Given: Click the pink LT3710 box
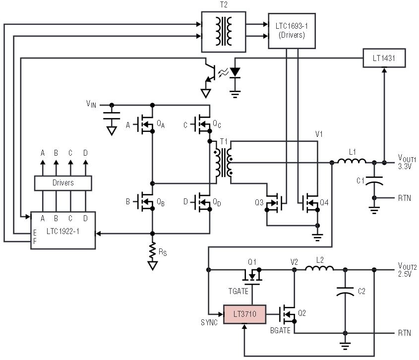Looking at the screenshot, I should (244, 313).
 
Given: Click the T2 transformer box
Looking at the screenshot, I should (224, 31).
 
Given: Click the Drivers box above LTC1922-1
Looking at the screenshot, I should (63, 182).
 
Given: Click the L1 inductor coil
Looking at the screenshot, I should (352, 161).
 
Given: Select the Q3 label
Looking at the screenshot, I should (259, 202).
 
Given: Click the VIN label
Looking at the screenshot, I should (91, 104).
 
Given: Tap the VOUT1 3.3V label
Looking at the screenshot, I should (407, 162).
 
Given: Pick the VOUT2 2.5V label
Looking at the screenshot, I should (407, 270).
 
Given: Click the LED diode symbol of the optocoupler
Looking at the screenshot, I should (235, 72).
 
